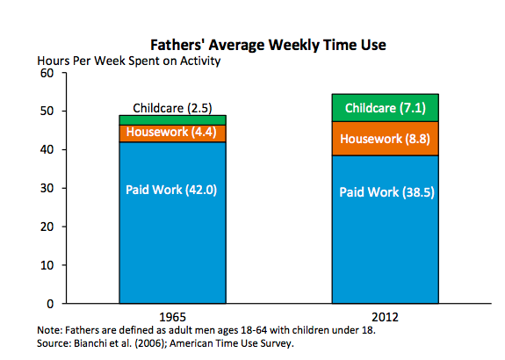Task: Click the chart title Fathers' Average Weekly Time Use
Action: pos(268,45)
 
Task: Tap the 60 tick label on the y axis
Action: pos(47,73)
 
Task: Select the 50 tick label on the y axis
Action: pos(47,112)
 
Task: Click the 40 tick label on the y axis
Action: pos(47,150)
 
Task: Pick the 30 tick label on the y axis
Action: pos(47,188)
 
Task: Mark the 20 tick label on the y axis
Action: pos(47,227)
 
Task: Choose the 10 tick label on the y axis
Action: pos(47,265)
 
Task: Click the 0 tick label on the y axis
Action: pos(50,304)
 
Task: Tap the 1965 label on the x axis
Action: pos(173,317)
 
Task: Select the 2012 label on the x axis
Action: pos(386,317)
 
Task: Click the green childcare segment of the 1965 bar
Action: pos(173,120)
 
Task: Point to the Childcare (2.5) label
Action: pos(173,108)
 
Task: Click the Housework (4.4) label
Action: pos(171,132)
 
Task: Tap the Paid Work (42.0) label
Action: pos(171,190)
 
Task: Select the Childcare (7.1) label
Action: pos(386,108)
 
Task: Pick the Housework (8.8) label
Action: pos(386,139)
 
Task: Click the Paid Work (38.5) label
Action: pos(386,192)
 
